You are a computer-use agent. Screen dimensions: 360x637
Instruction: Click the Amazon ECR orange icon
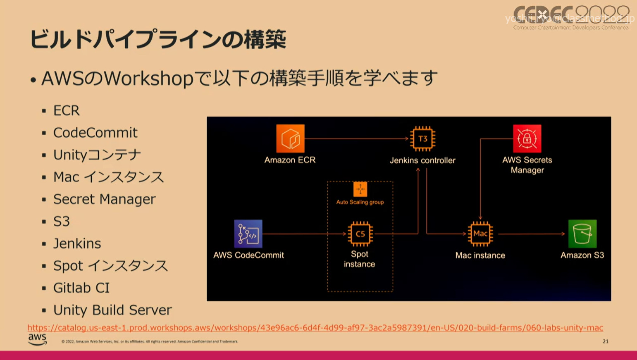pos(290,138)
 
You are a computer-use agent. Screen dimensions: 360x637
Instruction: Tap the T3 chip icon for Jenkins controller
pos(422,138)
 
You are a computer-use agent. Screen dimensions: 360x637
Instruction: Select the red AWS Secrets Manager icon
pos(527,138)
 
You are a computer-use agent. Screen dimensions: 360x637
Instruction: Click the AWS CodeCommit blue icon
pos(248,234)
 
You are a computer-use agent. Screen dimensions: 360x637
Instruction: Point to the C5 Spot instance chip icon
pos(360,234)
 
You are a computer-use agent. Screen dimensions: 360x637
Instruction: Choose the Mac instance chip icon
pos(480,234)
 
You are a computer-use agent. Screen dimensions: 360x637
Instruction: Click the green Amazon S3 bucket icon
pos(582,234)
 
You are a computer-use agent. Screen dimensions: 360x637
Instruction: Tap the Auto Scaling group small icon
pos(360,189)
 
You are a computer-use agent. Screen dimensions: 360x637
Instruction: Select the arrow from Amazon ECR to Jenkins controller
pos(355,138)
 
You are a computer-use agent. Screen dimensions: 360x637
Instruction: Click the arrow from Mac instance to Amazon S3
pos(531,234)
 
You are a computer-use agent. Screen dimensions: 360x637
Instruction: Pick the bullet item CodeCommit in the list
pos(95,133)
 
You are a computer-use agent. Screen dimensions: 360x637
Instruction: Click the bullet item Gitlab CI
pos(81,288)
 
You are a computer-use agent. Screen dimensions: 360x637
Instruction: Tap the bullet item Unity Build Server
pos(112,310)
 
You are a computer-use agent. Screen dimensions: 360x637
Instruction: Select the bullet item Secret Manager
pos(104,199)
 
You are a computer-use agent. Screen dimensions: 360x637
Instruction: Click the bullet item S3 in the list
pos(62,222)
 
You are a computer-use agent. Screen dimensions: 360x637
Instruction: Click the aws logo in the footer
pos(37,339)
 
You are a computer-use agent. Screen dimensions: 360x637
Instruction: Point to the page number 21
pos(605,341)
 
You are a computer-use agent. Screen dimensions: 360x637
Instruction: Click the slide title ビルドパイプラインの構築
pos(157,40)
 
